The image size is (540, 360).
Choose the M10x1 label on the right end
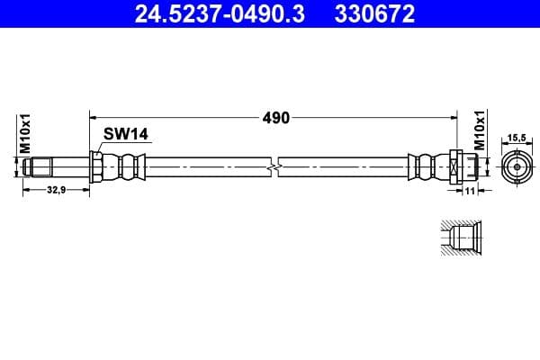(x=480, y=131)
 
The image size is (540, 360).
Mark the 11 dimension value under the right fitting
(x=470, y=192)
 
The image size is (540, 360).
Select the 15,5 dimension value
(x=517, y=138)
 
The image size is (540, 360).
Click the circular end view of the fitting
(x=517, y=167)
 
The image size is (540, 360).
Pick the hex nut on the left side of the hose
(x=96, y=167)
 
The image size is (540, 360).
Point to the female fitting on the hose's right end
(x=454, y=167)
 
